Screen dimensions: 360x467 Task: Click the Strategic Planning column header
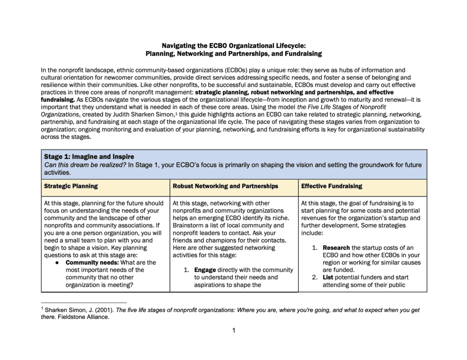click(x=71, y=186)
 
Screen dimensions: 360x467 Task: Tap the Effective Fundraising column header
click(x=332, y=186)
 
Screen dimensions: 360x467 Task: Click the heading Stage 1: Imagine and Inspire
click(x=89, y=157)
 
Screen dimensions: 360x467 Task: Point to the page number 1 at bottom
click(x=234, y=330)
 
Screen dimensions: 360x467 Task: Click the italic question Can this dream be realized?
click(x=84, y=165)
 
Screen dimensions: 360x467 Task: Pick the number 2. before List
click(x=315, y=277)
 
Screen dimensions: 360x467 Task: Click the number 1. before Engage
click(x=187, y=270)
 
